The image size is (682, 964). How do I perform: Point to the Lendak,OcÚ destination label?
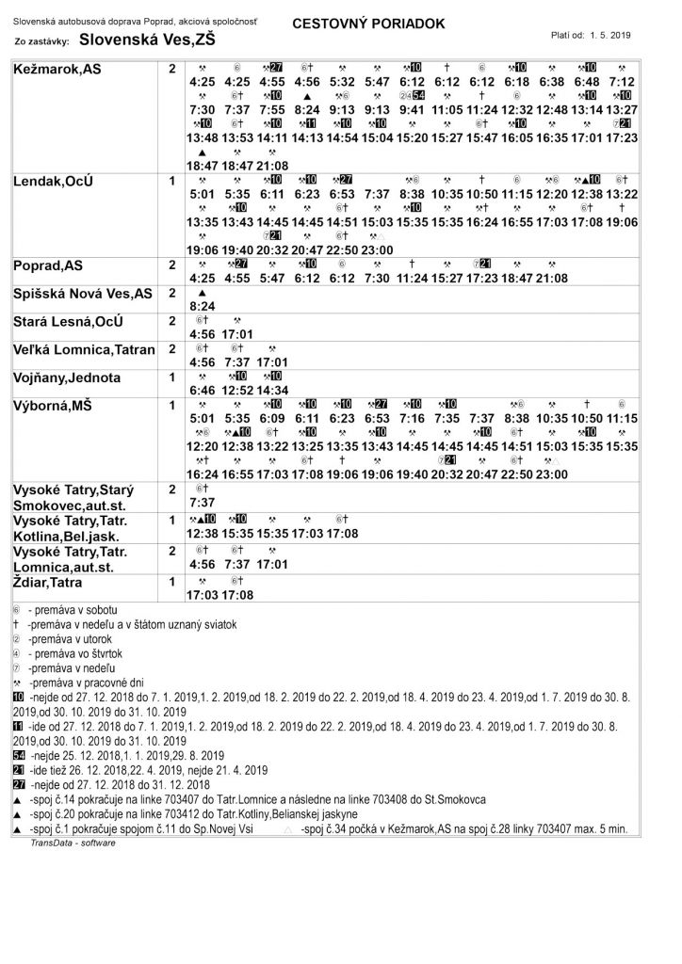(x=53, y=179)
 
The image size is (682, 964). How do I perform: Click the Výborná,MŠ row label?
(x=53, y=405)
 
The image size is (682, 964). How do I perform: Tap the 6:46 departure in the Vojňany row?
(x=203, y=390)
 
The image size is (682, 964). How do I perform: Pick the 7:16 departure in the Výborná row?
(x=412, y=418)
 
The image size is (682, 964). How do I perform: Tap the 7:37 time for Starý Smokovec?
(x=203, y=503)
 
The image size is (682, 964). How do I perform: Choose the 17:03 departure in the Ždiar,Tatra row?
(x=203, y=595)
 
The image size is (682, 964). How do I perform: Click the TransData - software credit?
(x=73, y=843)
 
